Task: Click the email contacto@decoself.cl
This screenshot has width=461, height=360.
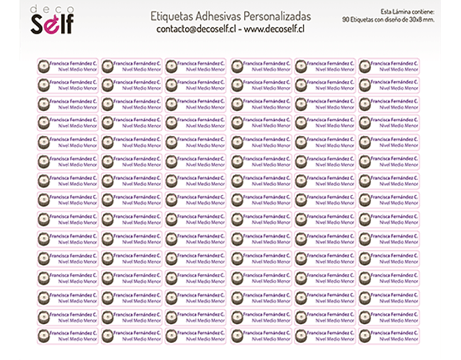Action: (196, 30)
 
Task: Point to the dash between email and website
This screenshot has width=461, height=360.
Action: (240, 30)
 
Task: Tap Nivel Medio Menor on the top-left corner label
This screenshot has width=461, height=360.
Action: (79, 69)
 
